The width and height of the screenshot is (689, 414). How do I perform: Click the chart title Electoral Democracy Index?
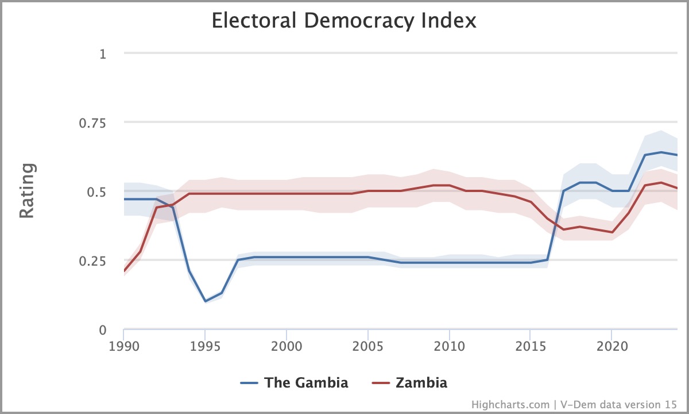(344, 21)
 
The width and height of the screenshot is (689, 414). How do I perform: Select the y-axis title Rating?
(28, 191)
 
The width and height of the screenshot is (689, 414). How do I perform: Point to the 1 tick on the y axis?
(103, 54)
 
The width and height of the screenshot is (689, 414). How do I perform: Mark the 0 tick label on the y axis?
(103, 330)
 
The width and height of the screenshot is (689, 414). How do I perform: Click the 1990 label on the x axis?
(123, 347)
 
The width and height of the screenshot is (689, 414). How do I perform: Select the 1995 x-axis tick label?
(205, 347)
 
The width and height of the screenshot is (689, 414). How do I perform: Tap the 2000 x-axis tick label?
(286, 347)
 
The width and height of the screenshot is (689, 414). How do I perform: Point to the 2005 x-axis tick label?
(367, 347)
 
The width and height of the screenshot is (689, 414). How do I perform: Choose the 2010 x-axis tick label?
(448, 347)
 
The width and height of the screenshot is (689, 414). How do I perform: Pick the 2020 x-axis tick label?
(611, 347)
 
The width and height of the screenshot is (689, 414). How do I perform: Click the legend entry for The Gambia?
(294, 383)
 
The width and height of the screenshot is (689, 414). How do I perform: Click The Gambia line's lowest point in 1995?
(205, 301)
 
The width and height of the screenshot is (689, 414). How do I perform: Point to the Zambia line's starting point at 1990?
(124, 271)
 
